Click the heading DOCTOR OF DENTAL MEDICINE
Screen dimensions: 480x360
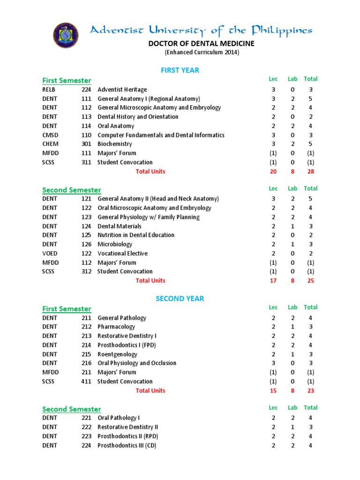[x=202, y=44]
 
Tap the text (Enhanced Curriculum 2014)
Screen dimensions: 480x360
[x=202, y=52]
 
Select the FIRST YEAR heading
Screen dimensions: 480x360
[x=180, y=70]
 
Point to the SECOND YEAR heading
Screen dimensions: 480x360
[x=180, y=299]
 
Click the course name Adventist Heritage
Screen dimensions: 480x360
[x=122, y=90]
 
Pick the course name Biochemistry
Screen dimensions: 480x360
[x=114, y=144]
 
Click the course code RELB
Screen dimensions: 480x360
[x=49, y=90]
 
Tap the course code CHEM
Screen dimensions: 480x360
[x=50, y=144]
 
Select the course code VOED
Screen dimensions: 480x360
[x=50, y=254]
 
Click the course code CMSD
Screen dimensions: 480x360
[x=50, y=135]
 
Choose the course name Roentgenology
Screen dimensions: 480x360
[x=117, y=354]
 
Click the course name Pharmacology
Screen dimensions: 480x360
[x=116, y=327]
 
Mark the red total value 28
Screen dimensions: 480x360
[x=310, y=172]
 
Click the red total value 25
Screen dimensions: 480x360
[x=310, y=281]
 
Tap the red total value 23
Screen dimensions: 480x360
[x=310, y=390]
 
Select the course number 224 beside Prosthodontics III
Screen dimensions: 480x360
[x=86, y=445]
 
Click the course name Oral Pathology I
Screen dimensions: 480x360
[x=118, y=418]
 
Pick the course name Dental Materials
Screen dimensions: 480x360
[x=119, y=226]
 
